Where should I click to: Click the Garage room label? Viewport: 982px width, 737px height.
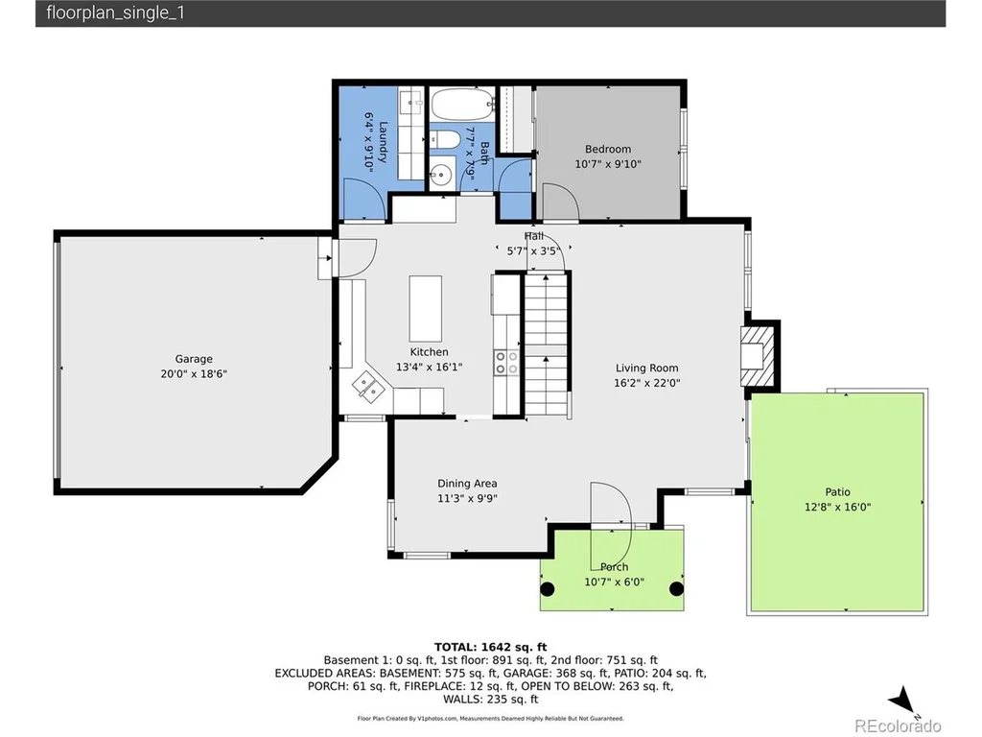click(x=194, y=359)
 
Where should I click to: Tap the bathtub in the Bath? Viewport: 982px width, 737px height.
click(x=462, y=105)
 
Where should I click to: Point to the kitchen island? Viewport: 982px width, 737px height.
click(x=425, y=308)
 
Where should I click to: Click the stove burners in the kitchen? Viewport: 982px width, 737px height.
click(x=506, y=362)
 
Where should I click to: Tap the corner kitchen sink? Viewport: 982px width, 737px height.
click(x=368, y=386)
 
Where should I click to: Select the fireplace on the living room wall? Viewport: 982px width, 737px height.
click(x=758, y=357)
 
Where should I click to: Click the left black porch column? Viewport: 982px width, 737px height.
click(x=548, y=589)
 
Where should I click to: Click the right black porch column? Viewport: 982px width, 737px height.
click(x=676, y=589)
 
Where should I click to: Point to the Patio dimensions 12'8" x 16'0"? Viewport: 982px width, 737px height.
click(x=837, y=507)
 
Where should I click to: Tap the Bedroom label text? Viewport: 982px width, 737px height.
click(x=607, y=149)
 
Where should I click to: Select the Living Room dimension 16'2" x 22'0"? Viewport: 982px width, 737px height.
click(x=647, y=383)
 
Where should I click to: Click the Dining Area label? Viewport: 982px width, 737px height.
click(x=467, y=484)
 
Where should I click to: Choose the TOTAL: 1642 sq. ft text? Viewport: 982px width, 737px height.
click(x=490, y=648)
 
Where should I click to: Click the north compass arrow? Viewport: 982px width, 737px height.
click(x=902, y=700)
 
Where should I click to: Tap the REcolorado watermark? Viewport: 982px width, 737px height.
click(x=898, y=725)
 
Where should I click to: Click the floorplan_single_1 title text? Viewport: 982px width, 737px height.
click(x=115, y=13)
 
